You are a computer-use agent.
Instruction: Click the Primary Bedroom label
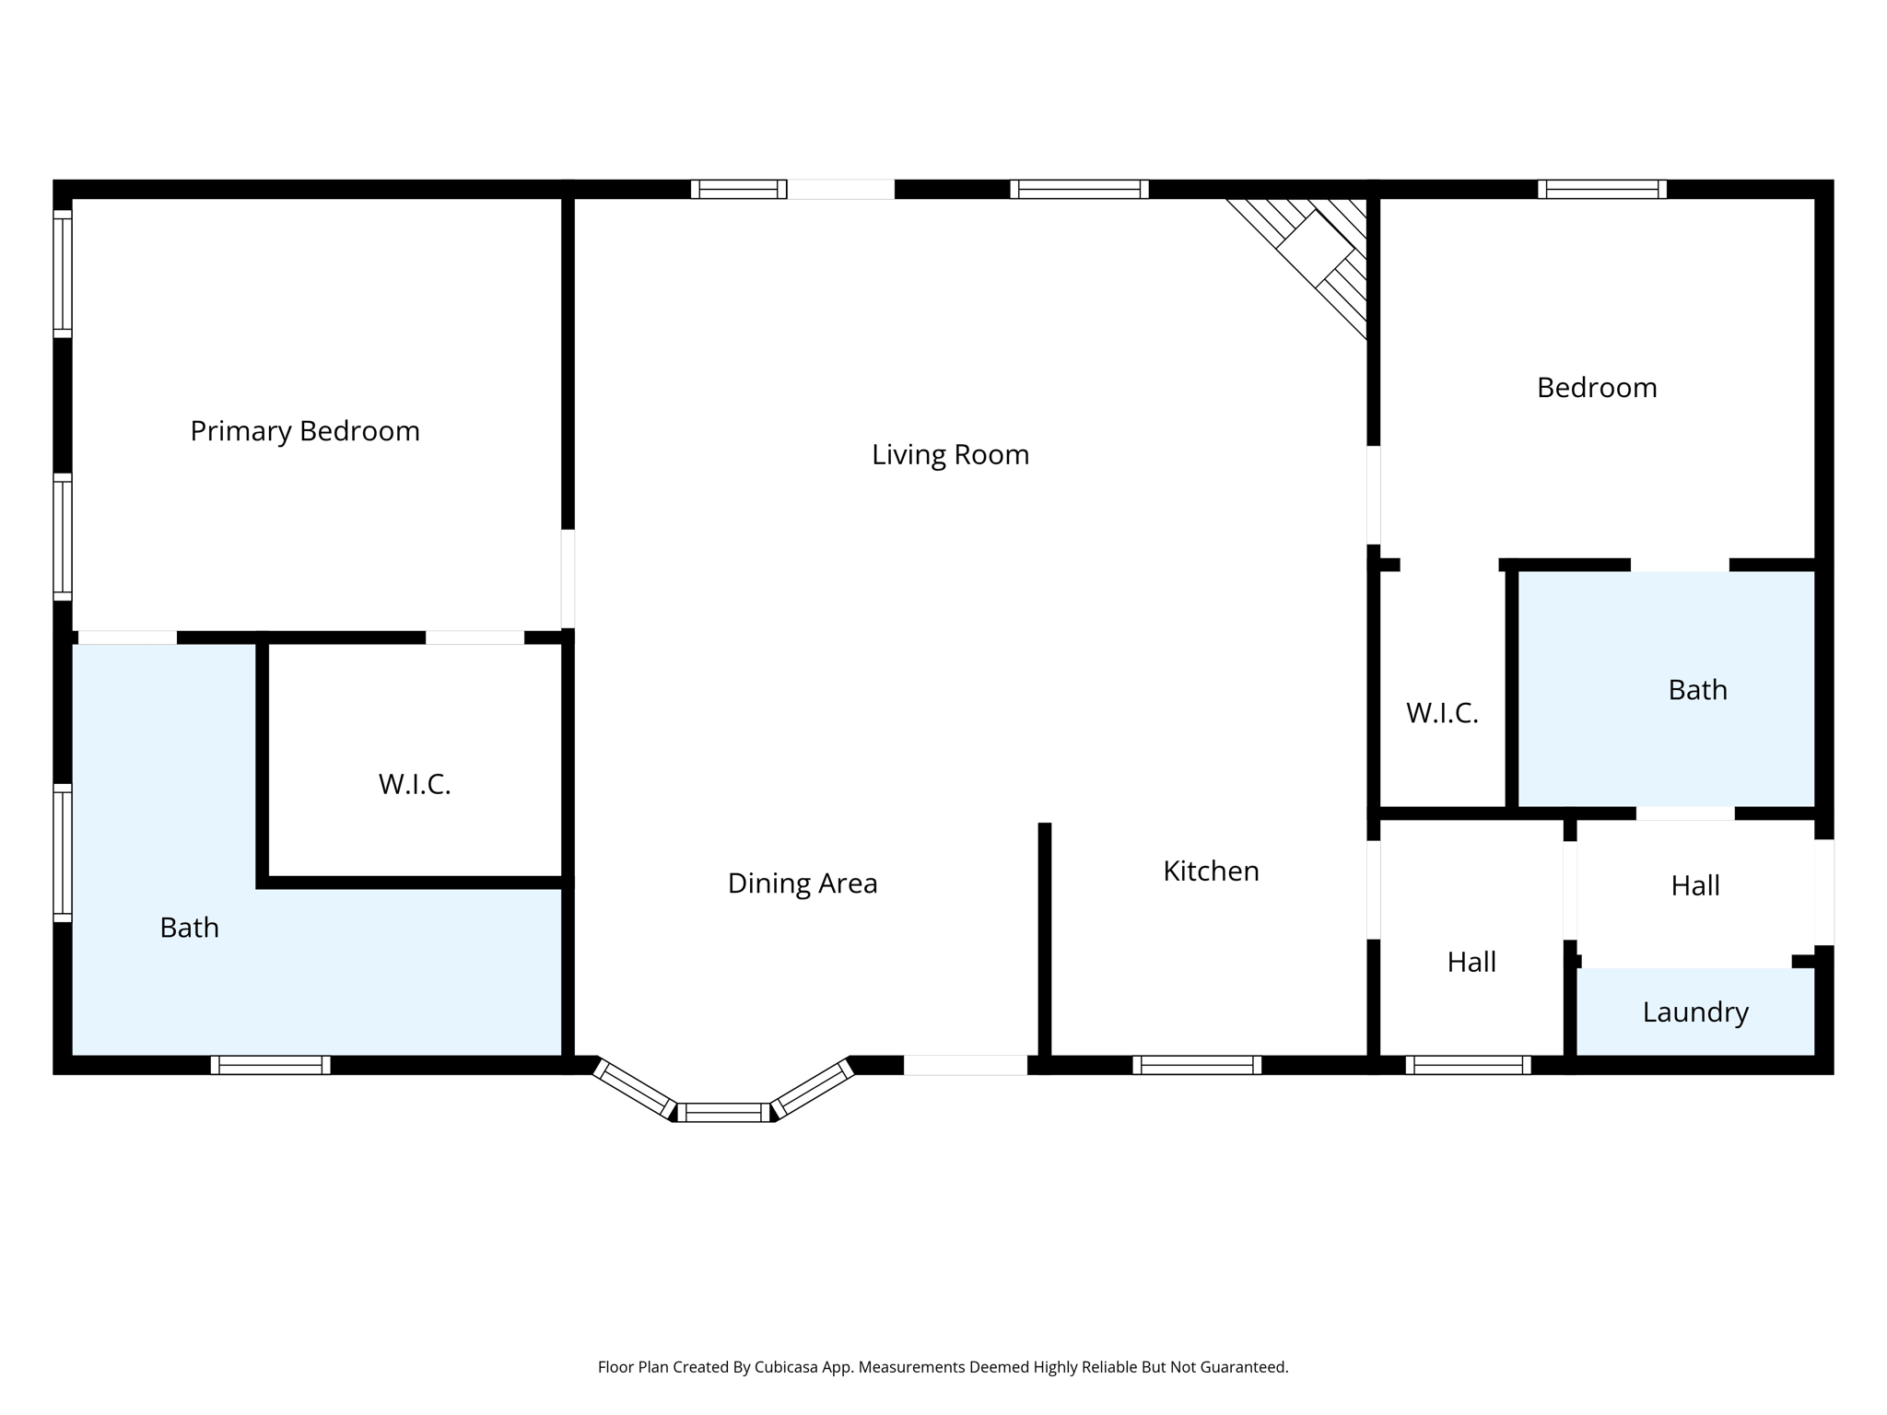point(305,431)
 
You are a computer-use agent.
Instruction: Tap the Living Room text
point(950,454)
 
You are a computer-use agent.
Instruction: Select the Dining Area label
point(802,883)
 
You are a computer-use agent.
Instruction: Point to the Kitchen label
point(1211,871)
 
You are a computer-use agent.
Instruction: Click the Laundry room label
point(1695,1012)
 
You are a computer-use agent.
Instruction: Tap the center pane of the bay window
point(723,1112)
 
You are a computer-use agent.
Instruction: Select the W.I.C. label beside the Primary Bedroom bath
point(415,784)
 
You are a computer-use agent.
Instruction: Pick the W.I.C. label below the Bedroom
point(1442,713)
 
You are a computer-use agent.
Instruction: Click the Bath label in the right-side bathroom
point(1697,690)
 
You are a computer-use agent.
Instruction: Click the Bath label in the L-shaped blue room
point(189,928)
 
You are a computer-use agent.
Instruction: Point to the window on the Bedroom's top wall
point(1601,189)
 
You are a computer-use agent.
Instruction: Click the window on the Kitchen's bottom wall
point(1197,1065)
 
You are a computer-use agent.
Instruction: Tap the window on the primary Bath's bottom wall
point(270,1065)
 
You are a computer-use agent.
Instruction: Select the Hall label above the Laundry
point(1695,885)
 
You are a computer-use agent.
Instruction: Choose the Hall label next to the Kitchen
point(1471,962)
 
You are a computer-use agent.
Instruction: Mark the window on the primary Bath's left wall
point(62,852)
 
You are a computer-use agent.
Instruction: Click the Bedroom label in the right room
point(1597,388)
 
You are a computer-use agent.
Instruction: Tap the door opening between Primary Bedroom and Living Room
point(568,579)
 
